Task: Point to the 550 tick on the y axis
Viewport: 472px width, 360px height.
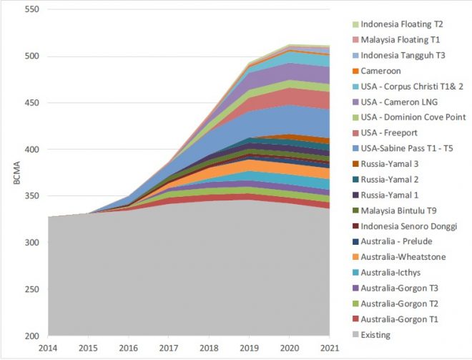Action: point(31,10)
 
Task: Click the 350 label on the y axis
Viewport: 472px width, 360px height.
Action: point(31,196)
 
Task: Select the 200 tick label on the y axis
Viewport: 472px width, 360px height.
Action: point(31,336)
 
